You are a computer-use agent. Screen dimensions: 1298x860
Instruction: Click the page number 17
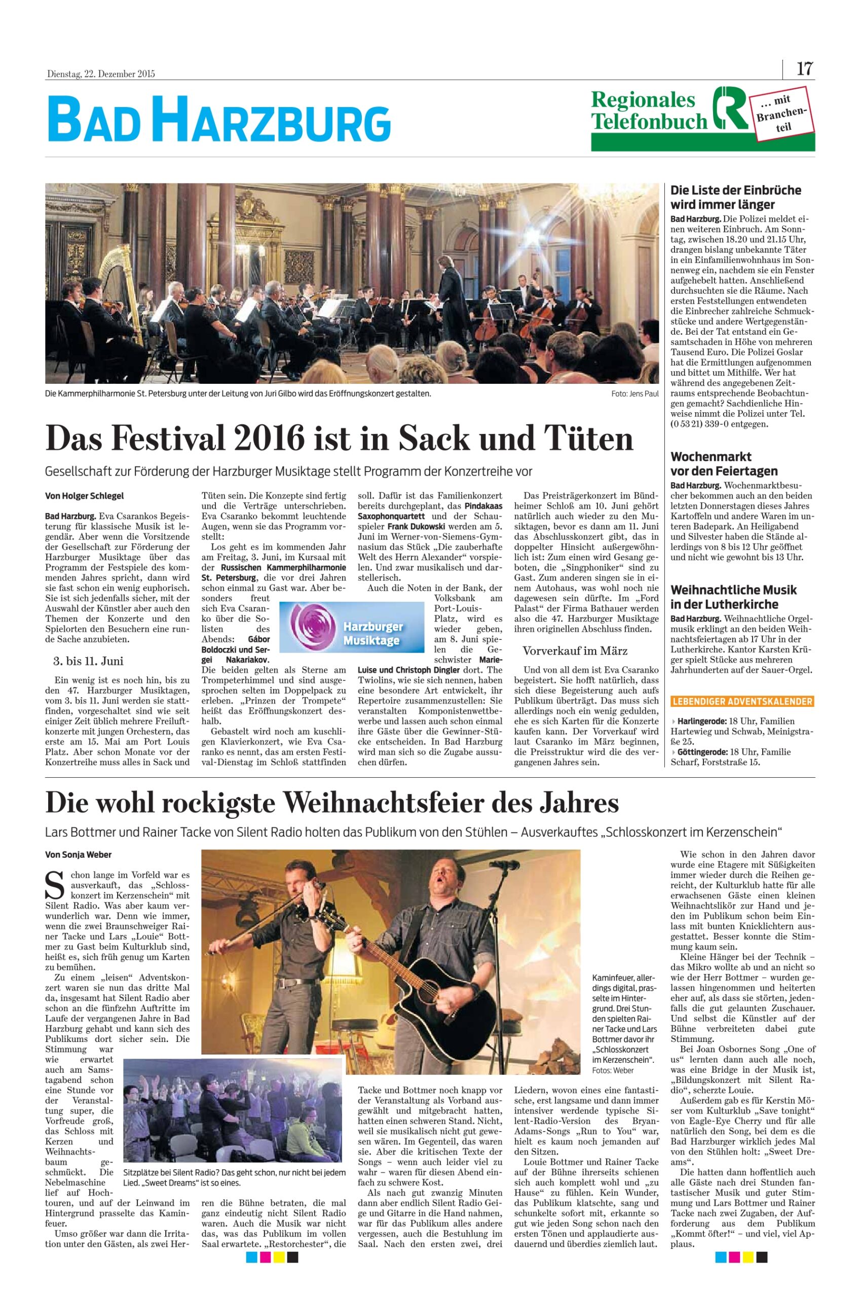pyautogui.click(x=804, y=69)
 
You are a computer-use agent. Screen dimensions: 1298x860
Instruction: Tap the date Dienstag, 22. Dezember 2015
pyautogui.click(x=100, y=74)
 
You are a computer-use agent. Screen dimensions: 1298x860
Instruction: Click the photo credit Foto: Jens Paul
pyautogui.click(x=634, y=394)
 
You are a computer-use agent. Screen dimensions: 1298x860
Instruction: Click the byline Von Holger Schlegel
pyautogui.click(x=85, y=496)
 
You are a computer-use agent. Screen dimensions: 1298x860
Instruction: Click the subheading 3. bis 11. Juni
pyautogui.click(x=85, y=661)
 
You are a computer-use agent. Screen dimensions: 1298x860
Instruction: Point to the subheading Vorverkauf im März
pyautogui.click(x=575, y=651)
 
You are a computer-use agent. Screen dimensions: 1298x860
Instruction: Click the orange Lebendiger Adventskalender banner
pyautogui.click(x=742, y=702)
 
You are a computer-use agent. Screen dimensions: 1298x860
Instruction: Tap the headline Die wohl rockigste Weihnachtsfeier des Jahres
pyautogui.click(x=332, y=803)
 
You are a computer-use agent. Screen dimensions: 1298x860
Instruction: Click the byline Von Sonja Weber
pyautogui.click(x=78, y=855)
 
